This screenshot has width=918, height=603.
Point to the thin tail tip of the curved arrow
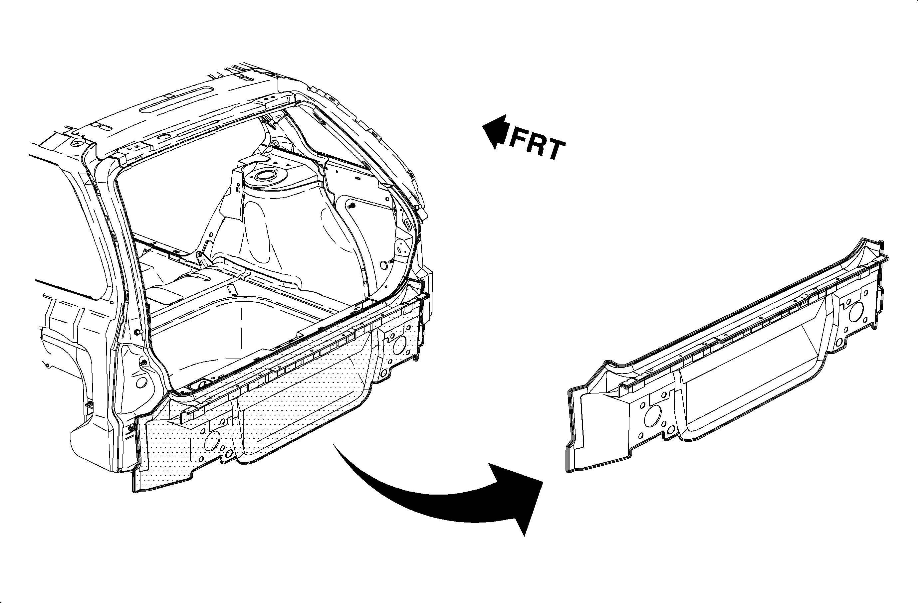pos(334,445)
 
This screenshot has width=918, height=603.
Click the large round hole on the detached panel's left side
pos(652,416)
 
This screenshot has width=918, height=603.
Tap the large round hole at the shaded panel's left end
pos(212,441)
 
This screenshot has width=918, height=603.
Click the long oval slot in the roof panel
pos(177,100)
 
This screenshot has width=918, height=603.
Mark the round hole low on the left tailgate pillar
pos(141,382)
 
